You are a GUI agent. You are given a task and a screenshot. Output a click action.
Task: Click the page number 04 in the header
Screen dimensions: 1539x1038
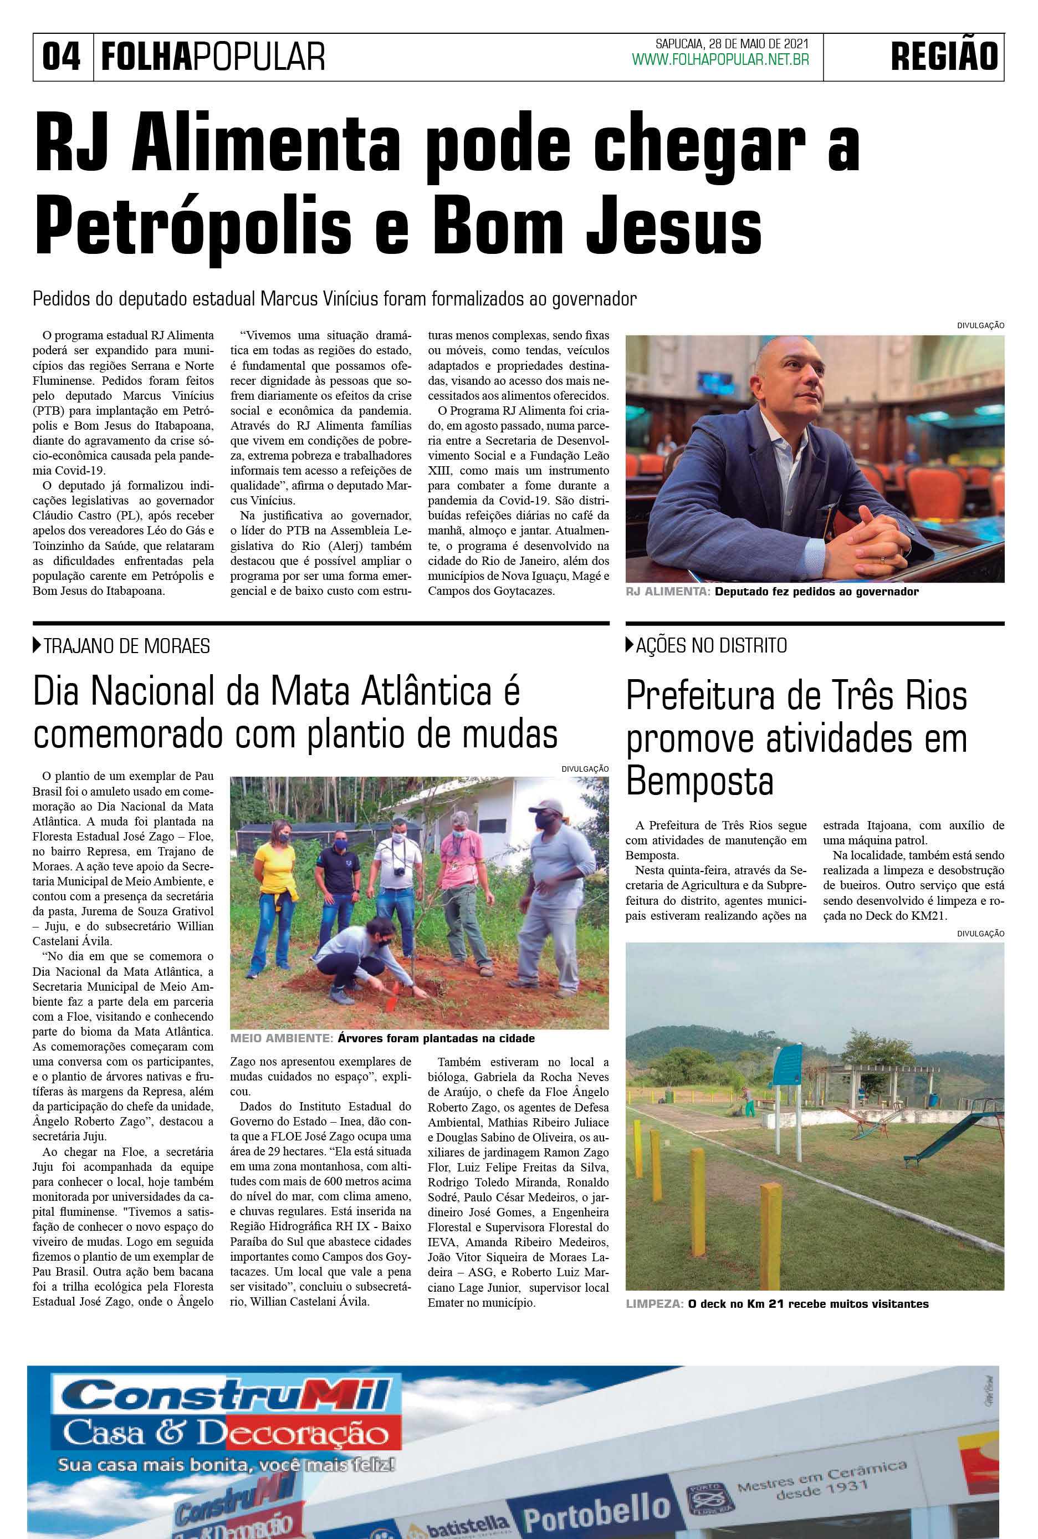pyautogui.click(x=61, y=57)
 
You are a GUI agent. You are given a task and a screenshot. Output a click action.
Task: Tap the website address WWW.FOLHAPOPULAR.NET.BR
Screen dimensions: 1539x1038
pyautogui.click(x=720, y=60)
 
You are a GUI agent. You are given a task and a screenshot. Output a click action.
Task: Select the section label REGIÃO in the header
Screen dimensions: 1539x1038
pyautogui.click(x=944, y=57)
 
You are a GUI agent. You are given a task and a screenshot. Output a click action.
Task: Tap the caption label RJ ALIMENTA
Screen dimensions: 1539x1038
pyautogui.click(x=667, y=592)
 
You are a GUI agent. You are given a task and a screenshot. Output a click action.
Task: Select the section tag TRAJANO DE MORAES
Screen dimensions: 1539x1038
pyautogui.click(x=126, y=646)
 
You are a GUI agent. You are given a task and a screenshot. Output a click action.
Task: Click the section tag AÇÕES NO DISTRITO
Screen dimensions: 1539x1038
pyautogui.click(x=711, y=646)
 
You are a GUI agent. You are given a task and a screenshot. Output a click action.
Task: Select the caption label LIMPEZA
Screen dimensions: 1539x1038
pyautogui.click(x=654, y=1304)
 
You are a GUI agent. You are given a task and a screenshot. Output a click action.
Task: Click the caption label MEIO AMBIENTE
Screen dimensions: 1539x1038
pyautogui.click(x=280, y=1038)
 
